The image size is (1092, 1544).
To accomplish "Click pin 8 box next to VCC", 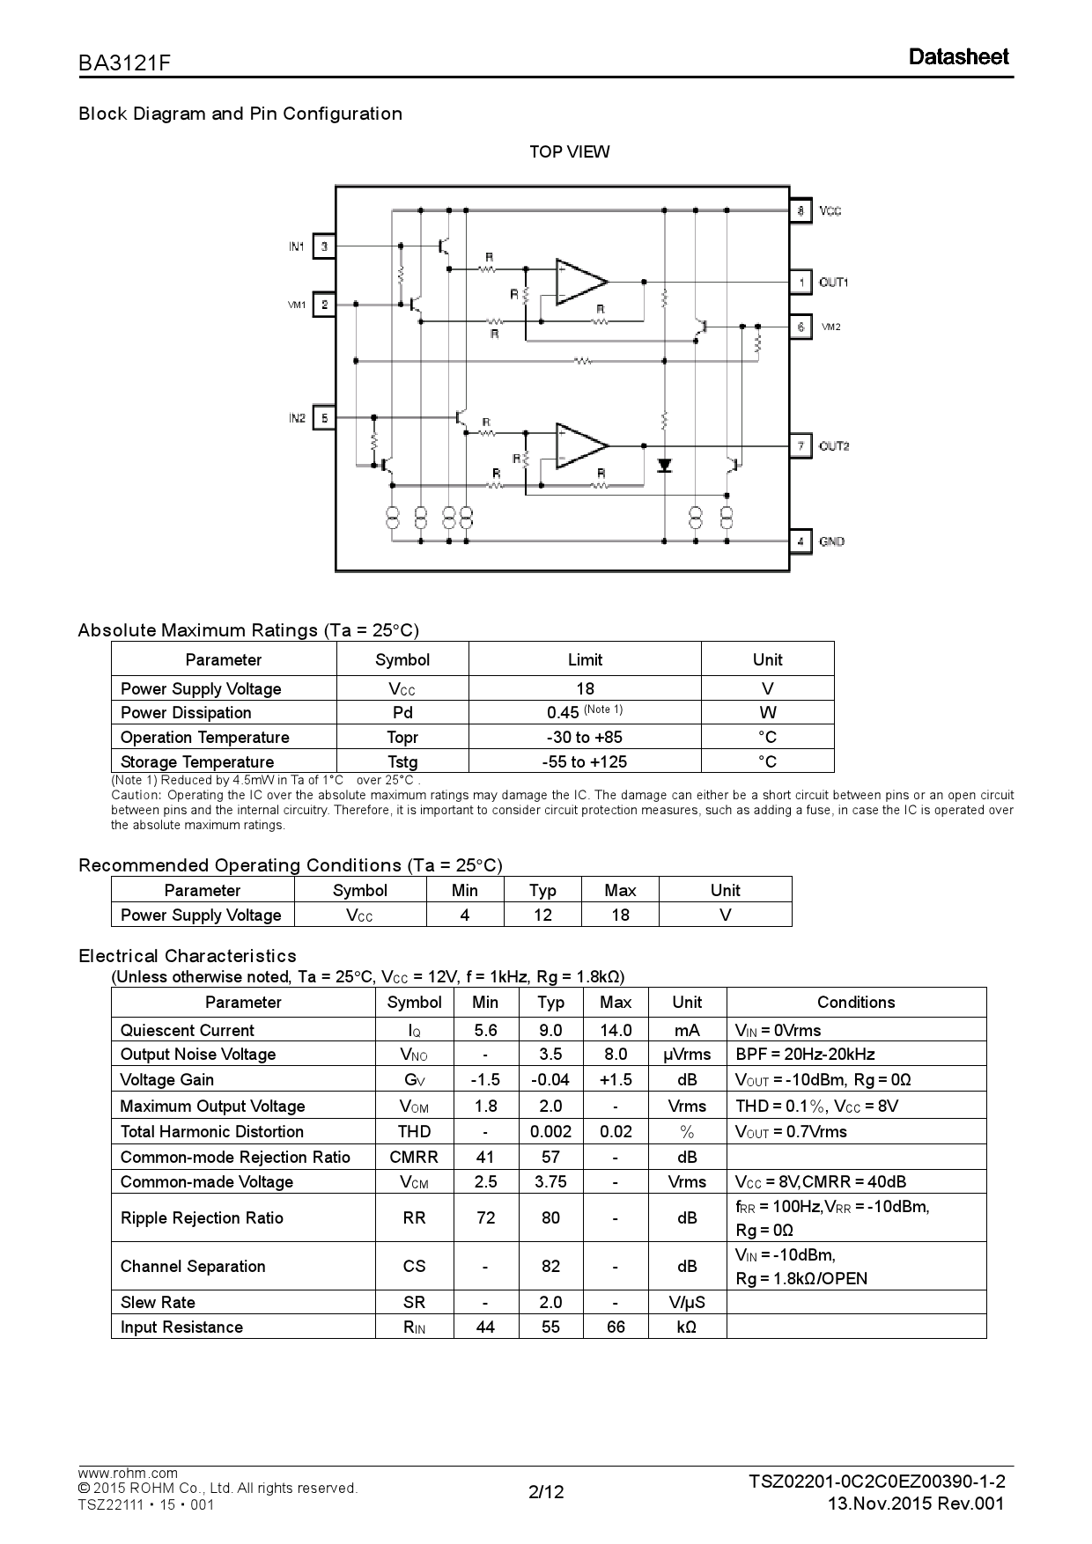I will (x=800, y=211).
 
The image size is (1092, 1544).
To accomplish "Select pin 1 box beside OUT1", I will (x=800, y=282).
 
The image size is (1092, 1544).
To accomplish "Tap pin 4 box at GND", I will (x=800, y=541).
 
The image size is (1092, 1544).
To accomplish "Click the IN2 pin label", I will (x=297, y=417).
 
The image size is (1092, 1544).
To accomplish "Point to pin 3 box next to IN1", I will (x=324, y=246).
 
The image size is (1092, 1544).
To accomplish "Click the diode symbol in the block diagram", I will (x=665, y=465).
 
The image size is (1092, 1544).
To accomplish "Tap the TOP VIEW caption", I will (x=569, y=152).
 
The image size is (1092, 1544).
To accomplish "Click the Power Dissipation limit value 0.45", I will (x=563, y=713).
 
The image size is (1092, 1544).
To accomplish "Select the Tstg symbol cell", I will (x=402, y=761).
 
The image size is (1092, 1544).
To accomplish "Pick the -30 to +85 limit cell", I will (x=585, y=737).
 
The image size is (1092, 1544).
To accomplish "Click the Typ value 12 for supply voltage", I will (x=542, y=915).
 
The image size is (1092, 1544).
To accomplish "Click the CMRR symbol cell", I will (x=414, y=1157).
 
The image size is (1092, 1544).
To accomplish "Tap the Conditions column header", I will (x=855, y=1002).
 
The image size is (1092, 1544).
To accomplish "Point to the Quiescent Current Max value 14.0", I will (x=616, y=1030).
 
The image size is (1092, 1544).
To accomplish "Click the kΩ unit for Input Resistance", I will (x=687, y=1327).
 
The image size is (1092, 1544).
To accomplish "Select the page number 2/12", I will (x=545, y=1491).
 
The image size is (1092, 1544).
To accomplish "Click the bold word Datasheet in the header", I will (x=958, y=57).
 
